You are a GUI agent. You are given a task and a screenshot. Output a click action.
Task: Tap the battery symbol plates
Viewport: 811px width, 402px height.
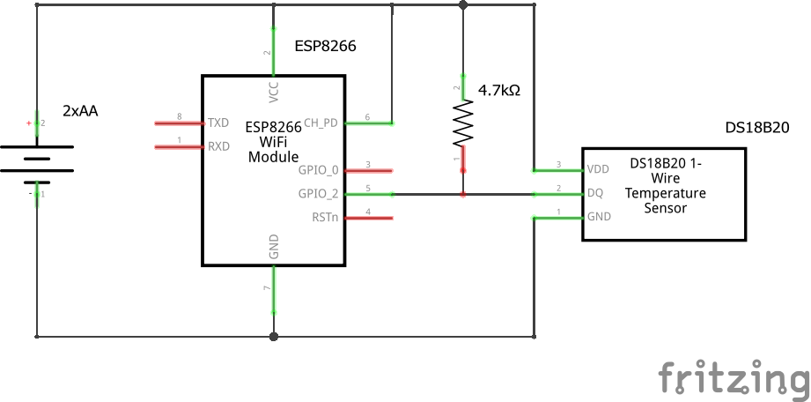tap(36, 160)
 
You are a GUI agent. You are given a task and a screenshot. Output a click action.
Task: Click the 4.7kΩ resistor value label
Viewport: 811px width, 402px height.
tap(498, 90)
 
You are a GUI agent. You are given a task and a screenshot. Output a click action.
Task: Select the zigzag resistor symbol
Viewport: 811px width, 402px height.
tap(463, 123)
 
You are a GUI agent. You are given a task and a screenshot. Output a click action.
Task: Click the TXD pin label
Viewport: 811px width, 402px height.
tap(218, 123)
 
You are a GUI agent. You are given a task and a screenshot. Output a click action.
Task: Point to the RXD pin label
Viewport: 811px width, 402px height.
tap(218, 146)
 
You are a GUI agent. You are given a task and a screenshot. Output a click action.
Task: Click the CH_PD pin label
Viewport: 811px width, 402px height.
tap(321, 123)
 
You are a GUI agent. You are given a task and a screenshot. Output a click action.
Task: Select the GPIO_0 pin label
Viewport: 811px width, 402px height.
tap(319, 170)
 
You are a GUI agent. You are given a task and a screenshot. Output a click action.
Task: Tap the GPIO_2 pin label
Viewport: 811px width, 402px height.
tap(319, 194)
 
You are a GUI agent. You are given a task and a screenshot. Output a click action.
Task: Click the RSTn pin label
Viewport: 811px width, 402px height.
tap(325, 217)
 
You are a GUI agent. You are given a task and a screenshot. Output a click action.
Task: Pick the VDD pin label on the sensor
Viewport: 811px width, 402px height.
tap(598, 169)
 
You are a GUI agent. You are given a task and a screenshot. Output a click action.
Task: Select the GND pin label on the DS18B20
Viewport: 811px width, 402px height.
tap(598, 217)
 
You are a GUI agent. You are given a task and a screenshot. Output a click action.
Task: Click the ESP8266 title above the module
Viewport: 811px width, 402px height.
tap(325, 47)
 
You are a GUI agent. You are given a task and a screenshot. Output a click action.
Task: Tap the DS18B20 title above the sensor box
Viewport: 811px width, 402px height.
tap(756, 128)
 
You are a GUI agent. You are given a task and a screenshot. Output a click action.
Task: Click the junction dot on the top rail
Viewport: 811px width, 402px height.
tap(463, 5)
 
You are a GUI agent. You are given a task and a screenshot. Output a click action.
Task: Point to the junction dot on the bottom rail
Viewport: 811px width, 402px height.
tap(274, 336)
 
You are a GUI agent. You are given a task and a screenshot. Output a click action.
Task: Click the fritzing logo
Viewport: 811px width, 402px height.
tap(734, 377)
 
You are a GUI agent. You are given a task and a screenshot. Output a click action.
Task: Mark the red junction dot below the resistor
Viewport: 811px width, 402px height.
tap(463, 194)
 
